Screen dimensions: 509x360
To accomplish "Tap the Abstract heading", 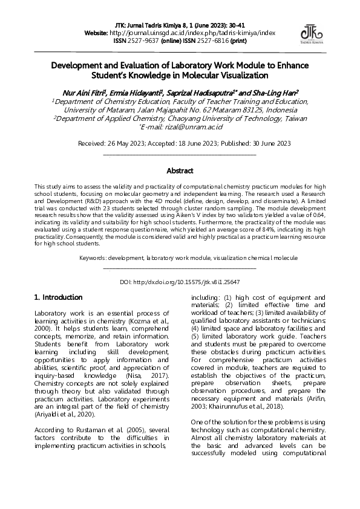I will tap(180, 171).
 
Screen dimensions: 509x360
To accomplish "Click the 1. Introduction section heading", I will tap(58, 297).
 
